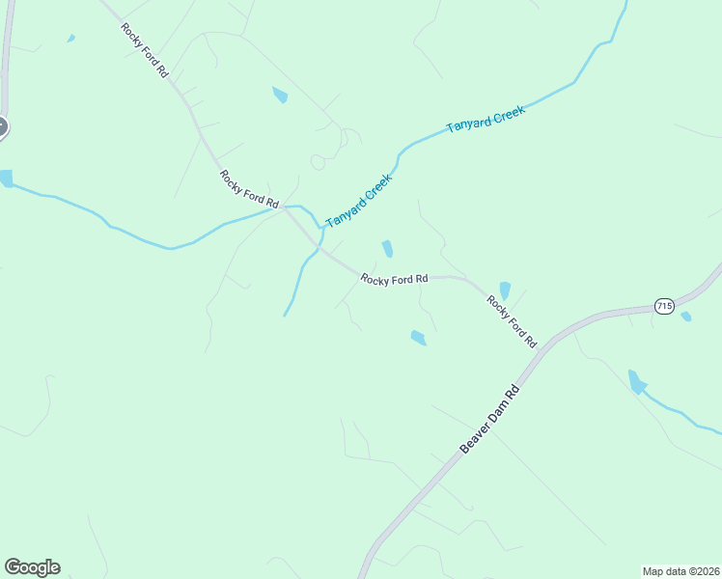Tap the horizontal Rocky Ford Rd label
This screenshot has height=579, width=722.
click(x=394, y=280)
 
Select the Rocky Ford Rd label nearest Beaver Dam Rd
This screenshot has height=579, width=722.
click(x=512, y=321)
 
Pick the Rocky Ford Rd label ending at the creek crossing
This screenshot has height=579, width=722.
click(x=249, y=190)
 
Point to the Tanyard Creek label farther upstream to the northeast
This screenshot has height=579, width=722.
click(x=486, y=121)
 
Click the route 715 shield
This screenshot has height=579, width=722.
click(x=663, y=306)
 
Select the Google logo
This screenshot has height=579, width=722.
click(x=32, y=567)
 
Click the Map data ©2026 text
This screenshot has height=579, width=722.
click(x=680, y=571)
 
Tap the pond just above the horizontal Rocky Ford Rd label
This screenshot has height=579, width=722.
click(x=387, y=249)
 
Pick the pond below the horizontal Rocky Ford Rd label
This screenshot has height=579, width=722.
click(x=418, y=338)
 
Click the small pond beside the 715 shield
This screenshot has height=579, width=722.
click(x=685, y=316)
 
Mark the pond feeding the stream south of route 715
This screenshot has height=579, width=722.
click(x=636, y=382)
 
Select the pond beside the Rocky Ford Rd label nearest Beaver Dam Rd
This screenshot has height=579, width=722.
click(x=505, y=290)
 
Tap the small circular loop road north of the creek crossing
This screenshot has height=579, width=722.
click(x=319, y=162)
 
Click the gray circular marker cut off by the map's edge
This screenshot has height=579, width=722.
click(x=2, y=126)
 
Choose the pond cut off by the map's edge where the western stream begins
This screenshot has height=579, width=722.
click(x=5, y=179)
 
